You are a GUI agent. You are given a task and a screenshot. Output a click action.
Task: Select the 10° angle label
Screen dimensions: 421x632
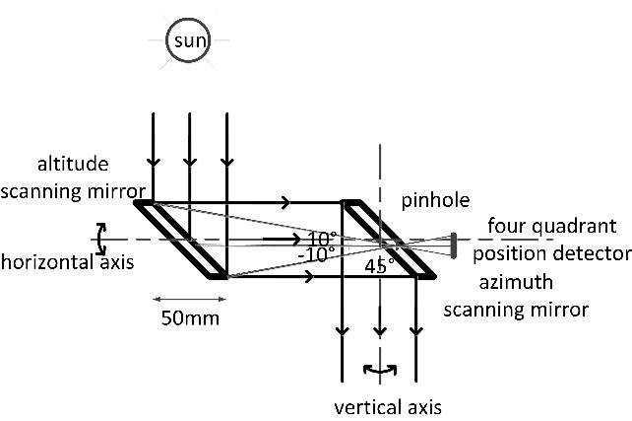click(x=321, y=238)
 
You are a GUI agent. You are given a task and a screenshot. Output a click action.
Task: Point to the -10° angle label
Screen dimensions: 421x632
click(x=316, y=251)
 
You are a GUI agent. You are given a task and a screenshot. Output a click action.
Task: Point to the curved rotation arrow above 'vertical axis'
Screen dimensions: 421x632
click(x=380, y=372)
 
